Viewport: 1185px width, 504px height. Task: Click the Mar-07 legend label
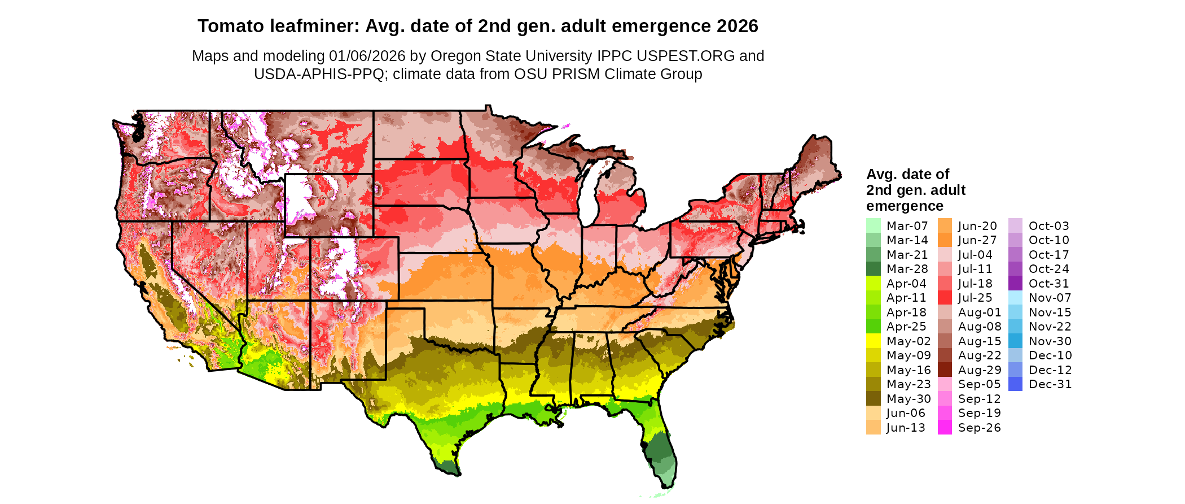tap(907, 226)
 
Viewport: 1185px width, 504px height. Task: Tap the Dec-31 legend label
tap(1050, 384)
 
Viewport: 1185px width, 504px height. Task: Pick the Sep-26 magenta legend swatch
tap(945, 428)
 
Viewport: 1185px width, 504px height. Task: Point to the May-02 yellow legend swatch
tap(873, 341)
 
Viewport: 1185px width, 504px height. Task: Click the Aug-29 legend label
tap(979, 370)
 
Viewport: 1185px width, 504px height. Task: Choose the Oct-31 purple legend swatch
tap(1015, 284)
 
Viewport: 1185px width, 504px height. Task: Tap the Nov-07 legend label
tap(1050, 298)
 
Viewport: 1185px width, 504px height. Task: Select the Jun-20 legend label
tap(977, 226)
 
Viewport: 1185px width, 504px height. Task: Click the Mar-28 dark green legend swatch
tap(873, 269)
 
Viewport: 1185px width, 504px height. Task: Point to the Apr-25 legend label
tap(906, 327)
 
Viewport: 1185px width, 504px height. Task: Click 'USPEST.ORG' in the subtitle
tap(686, 56)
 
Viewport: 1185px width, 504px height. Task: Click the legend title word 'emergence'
tap(905, 206)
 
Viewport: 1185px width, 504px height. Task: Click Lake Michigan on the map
tap(590, 192)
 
